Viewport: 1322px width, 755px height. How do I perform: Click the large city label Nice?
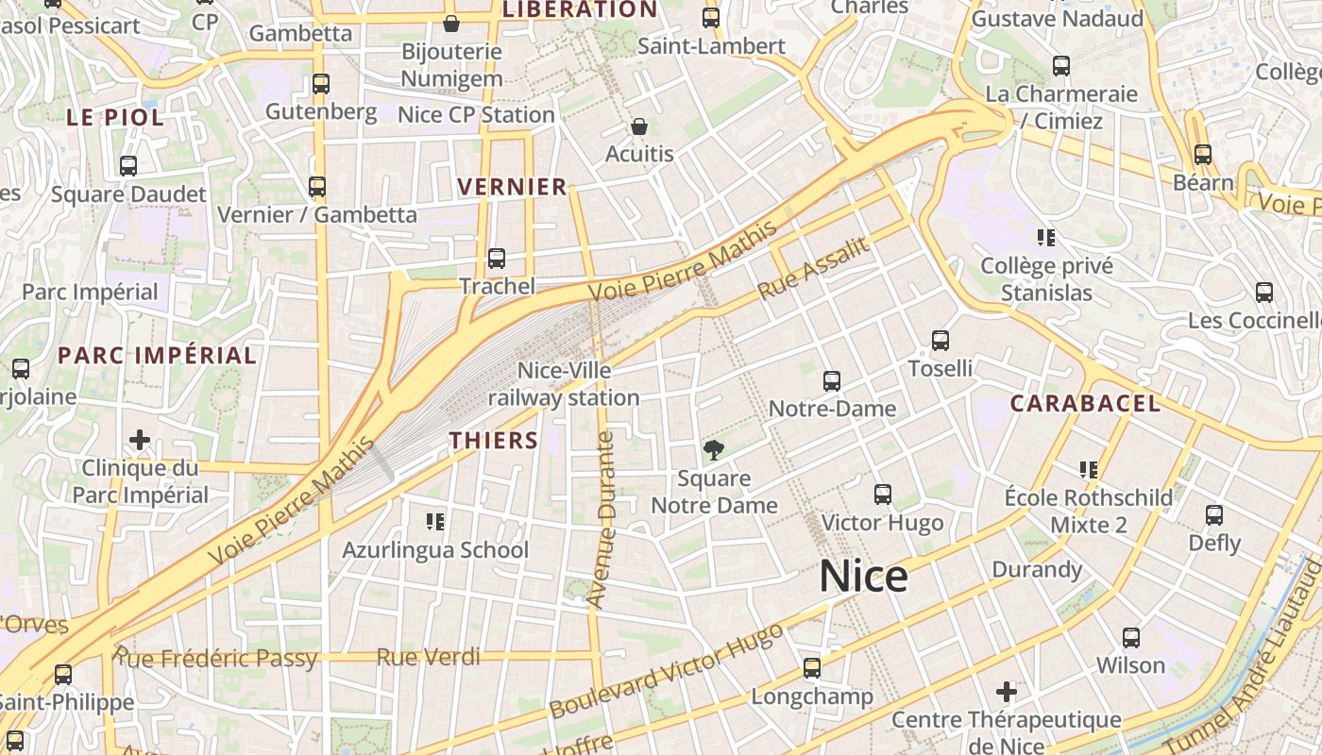(863, 576)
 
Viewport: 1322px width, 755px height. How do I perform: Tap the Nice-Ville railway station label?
(564, 385)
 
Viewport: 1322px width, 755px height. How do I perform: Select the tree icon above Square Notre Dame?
(714, 450)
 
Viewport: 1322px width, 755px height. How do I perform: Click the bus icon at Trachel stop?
(497, 259)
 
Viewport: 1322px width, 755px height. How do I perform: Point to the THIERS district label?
(493, 441)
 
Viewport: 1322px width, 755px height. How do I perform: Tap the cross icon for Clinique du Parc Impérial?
(140, 440)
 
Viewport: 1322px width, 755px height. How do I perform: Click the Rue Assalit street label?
(813, 269)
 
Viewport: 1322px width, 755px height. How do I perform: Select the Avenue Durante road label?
(602, 519)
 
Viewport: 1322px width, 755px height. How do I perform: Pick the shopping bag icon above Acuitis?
(639, 126)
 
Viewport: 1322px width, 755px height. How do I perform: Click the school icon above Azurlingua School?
(435, 521)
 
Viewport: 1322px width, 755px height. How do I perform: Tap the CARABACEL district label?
(1085, 404)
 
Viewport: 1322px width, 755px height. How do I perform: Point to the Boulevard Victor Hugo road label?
(666, 670)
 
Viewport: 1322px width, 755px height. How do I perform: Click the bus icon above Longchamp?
(811, 668)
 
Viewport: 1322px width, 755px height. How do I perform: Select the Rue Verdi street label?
(428, 657)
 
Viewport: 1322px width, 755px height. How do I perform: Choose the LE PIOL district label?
(115, 118)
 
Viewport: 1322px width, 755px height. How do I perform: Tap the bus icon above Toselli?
(940, 341)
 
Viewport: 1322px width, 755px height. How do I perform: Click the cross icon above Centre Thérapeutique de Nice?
(1007, 692)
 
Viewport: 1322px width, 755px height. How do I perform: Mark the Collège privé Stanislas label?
(1046, 279)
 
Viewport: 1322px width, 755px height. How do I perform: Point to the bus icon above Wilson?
(1130, 638)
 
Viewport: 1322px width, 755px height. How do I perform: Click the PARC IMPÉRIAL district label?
(157, 356)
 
